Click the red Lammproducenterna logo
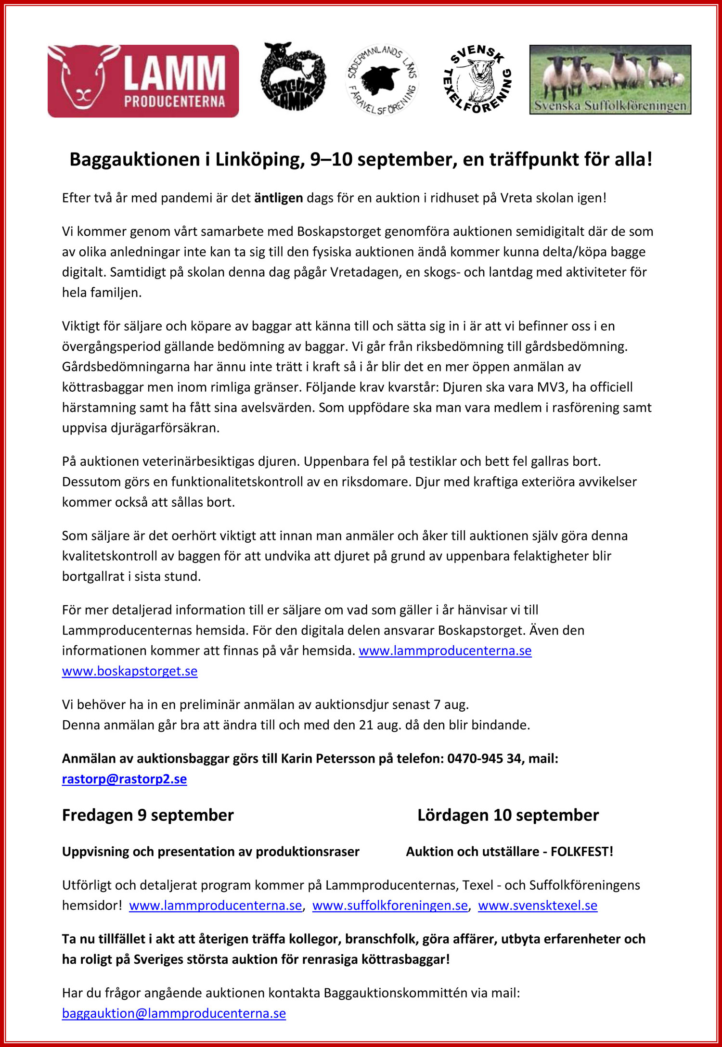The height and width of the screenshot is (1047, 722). click(143, 81)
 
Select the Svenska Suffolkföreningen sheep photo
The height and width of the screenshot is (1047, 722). click(610, 79)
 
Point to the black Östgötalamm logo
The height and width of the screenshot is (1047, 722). click(293, 77)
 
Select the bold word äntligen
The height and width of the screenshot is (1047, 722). click(278, 198)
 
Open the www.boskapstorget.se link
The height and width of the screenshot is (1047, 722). click(129, 671)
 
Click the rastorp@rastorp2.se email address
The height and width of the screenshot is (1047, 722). click(124, 779)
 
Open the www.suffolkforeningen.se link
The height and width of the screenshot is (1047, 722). click(390, 905)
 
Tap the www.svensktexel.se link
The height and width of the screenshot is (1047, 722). click(538, 905)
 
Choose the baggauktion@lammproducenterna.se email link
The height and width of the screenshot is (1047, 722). click(174, 1013)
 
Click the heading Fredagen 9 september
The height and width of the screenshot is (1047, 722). click(148, 815)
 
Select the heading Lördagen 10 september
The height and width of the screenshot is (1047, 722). click(508, 815)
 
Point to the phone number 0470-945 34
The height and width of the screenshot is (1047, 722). click(484, 758)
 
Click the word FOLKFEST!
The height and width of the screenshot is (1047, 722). click(582, 852)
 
